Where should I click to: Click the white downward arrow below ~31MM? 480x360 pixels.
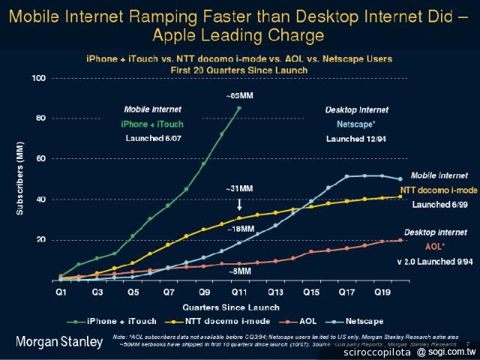click(x=238, y=203)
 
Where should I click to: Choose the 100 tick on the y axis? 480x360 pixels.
click(x=40, y=78)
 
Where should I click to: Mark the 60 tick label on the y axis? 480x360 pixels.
click(x=41, y=159)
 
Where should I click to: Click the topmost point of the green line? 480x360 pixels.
click(x=238, y=108)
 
